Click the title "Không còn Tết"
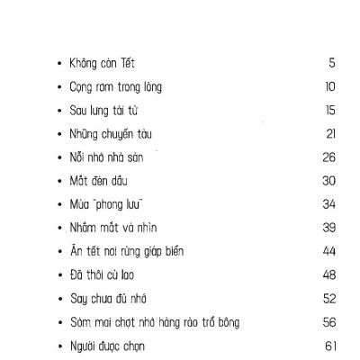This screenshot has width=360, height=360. point(101,64)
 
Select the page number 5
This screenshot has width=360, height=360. point(331,64)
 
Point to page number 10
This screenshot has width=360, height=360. point(329,87)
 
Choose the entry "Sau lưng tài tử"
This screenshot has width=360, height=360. point(101,111)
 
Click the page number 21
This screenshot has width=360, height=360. point(330,134)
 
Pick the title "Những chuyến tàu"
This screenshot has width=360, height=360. point(106,134)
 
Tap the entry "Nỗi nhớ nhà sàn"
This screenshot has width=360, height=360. point(103,157)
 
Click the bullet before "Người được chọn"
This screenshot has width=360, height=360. point(58,345)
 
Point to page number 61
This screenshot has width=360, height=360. point(329,345)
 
